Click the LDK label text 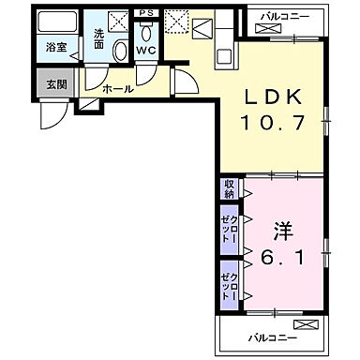(275, 97)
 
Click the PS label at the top (144, 13)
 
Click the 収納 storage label (229, 188)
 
